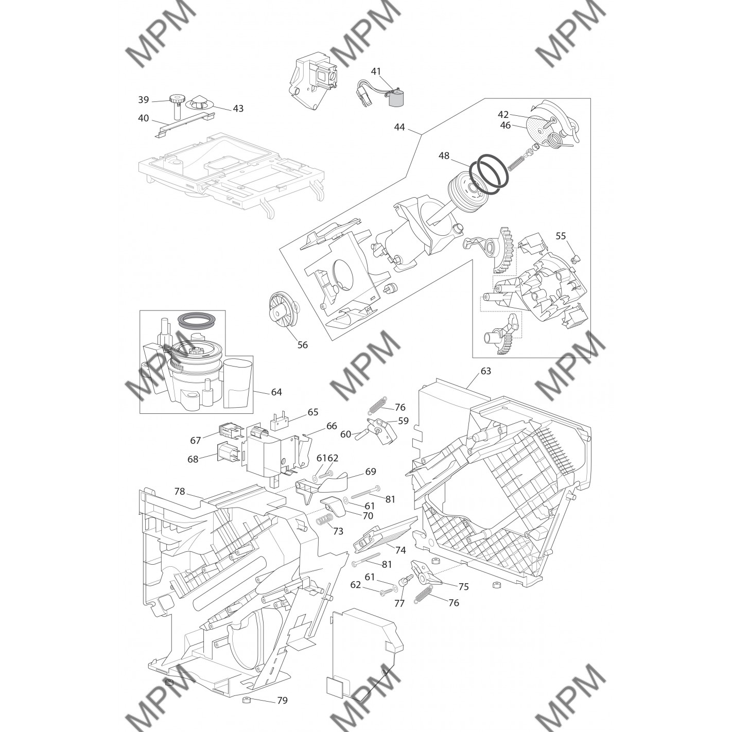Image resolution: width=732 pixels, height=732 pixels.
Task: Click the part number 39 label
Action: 143,100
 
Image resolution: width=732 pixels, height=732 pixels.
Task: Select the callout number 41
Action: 376,72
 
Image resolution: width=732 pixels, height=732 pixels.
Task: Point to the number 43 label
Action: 238,109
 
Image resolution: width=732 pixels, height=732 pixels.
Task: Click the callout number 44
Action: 399,127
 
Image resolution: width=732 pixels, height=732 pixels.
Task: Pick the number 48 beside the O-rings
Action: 444,156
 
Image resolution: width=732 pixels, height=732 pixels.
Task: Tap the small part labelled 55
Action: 574,259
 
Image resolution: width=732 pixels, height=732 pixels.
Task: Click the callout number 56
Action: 302,345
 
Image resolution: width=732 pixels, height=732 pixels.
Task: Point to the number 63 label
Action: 486,371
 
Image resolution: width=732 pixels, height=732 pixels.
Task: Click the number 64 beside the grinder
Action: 276,392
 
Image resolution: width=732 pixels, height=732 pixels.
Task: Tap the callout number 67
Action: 195,440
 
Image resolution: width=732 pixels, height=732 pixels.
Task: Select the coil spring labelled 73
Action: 325,519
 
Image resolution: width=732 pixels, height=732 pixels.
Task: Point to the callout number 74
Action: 400,550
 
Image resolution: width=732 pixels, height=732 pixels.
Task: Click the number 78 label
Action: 180,492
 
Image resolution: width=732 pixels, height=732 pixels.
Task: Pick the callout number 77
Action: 399,603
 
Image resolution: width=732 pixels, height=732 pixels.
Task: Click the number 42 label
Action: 503,115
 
